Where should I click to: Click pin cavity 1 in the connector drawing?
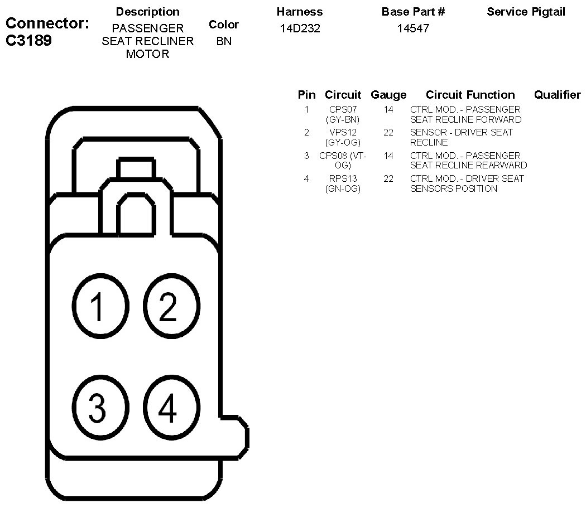tap(97, 306)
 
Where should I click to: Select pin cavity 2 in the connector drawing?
tap(168, 306)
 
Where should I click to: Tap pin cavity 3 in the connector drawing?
tap(97, 408)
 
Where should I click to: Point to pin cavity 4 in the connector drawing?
tap(168, 408)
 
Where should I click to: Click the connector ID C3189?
tap(28, 41)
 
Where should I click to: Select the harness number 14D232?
tap(300, 28)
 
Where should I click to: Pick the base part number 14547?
tap(413, 28)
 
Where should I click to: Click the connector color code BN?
tap(224, 41)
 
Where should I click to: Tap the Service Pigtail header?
tap(526, 12)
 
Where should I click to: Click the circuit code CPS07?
tap(343, 110)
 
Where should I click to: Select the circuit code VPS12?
tap(343, 133)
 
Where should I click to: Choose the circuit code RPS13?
tap(343, 179)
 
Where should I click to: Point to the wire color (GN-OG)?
tap(343, 189)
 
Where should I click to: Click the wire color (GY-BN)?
tap(343, 119)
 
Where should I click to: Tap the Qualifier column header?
tap(557, 95)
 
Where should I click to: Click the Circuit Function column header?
tap(470, 95)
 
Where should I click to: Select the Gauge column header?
tap(388, 95)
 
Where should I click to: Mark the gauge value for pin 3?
tap(388, 156)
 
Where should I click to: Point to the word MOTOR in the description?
tap(147, 54)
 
